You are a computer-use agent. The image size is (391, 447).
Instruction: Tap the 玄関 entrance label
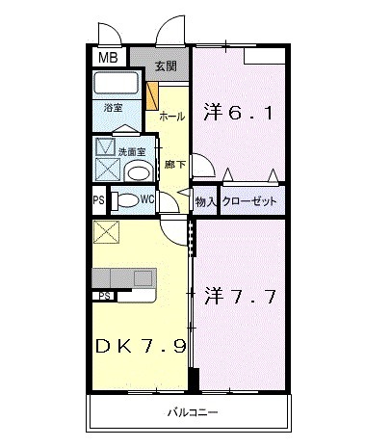click(166, 66)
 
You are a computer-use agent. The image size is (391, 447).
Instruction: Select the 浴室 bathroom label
click(114, 108)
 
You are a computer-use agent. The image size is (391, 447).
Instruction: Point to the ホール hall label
click(171, 116)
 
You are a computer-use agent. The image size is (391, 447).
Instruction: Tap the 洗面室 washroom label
click(132, 151)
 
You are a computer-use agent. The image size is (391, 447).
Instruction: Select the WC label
click(148, 201)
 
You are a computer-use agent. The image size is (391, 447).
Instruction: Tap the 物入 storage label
click(205, 201)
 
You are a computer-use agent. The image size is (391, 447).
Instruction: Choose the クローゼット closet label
click(249, 201)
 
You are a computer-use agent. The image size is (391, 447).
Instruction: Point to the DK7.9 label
click(141, 346)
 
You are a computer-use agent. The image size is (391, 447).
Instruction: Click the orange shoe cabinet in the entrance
click(152, 96)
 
